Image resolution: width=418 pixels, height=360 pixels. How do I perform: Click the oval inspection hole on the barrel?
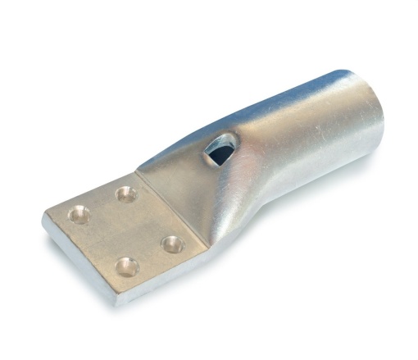point(220,149)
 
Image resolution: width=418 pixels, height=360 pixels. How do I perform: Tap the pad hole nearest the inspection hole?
point(125,194)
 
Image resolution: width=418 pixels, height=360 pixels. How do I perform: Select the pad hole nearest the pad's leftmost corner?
point(79,216)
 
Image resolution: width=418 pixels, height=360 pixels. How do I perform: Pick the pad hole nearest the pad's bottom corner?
point(126,266)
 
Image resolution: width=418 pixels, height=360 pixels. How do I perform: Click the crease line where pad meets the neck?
point(172,208)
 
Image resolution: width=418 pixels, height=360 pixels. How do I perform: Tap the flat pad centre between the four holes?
point(125,230)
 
